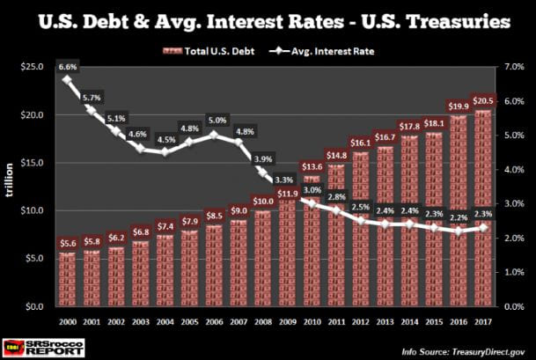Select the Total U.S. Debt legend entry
208,50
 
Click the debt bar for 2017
482,208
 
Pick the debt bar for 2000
66,279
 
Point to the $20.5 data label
482,101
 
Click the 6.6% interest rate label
67,65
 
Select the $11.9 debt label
287,193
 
